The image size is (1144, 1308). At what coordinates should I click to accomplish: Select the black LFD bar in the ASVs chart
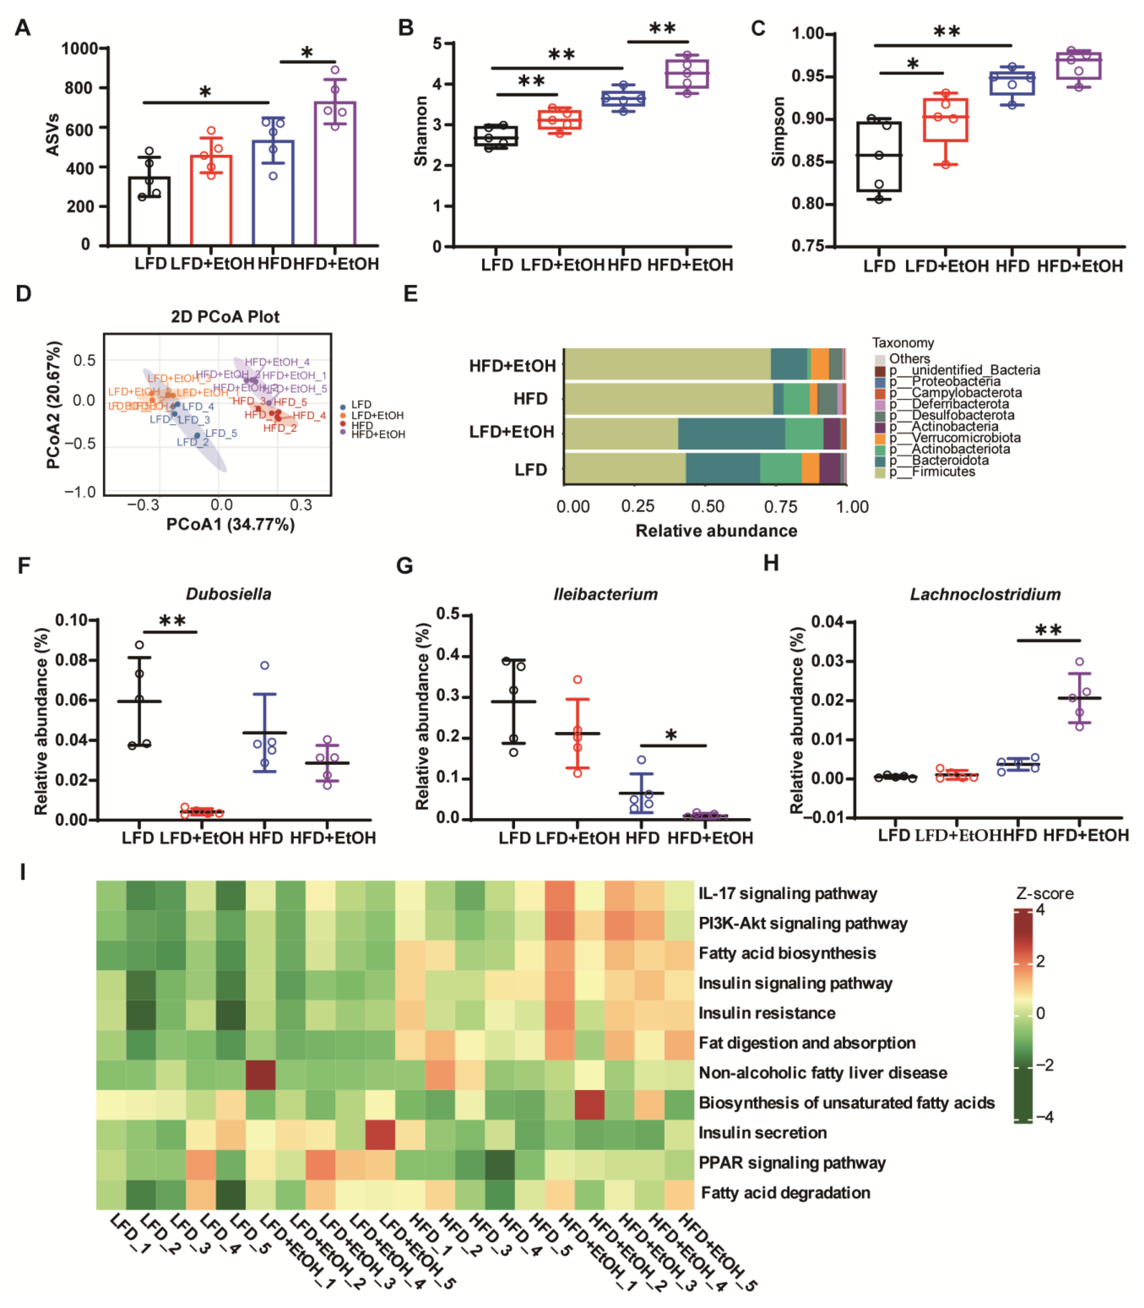149,211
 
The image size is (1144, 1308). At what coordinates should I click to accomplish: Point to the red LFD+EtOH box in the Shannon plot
559,120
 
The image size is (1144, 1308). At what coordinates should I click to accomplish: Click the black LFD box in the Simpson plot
879,156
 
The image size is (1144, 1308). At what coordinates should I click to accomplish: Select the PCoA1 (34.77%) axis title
230,525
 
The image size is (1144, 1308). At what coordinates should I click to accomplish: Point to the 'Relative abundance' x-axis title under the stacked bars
716,531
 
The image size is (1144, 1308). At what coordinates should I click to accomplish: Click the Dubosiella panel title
228,594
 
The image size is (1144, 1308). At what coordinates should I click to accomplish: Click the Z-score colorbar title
1044,893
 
